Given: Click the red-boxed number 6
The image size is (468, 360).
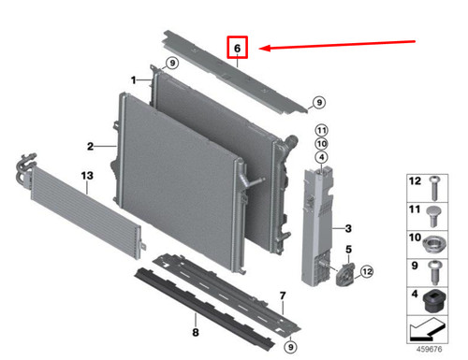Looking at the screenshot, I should pyautogui.click(x=238, y=47).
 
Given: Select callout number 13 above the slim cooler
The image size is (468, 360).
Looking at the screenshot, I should pyautogui.click(x=87, y=177).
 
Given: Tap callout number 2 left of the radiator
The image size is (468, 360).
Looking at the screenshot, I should pyautogui.click(x=91, y=146).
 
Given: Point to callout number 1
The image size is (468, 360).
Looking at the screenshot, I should pyautogui.click(x=135, y=79).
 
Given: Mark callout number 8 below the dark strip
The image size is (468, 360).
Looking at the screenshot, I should pyautogui.click(x=195, y=332).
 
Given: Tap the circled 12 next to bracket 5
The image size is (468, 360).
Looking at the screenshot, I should pyautogui.click(x=367, y=271).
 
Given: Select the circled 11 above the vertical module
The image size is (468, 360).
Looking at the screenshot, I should pyautogui.click(x=320, y=129).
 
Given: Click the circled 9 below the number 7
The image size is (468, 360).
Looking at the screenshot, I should pyautogui.click(x=290, y=347).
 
